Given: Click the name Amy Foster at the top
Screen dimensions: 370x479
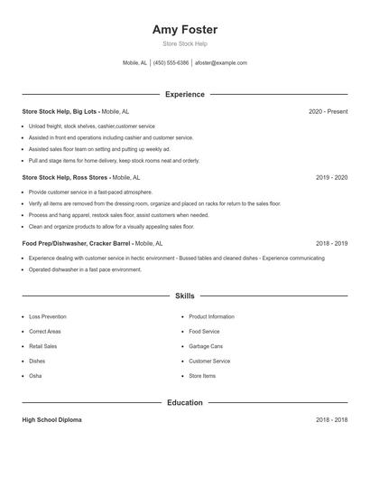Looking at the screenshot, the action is pos(185,30).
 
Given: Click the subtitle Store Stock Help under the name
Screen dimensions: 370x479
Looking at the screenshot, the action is pos(185,44).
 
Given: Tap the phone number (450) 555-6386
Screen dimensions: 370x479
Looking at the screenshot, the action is pos(171,63).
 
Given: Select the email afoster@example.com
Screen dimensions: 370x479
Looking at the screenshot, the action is pos(221,63).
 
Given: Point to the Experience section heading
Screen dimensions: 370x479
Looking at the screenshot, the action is pos(185,94).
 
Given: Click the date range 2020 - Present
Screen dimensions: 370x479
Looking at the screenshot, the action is pos(328,111).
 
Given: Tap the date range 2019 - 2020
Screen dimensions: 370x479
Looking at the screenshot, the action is pos(331,178).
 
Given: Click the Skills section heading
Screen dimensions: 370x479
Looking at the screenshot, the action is pos(185,296).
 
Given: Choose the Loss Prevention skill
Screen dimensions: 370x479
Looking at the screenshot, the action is pos(48,317).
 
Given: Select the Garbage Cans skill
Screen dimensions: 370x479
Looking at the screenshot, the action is pos(206,346).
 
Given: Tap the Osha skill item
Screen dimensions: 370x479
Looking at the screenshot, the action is pos(35,375).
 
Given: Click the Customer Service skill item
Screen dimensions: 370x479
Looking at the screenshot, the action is pos(209,361).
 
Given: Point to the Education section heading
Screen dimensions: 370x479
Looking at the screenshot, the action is pos(185,402).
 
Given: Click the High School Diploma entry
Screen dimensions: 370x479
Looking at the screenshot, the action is pos(51,420).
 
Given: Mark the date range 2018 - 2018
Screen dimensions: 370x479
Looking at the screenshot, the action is pos(331,420).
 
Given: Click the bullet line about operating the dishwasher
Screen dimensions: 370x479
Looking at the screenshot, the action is pos(85,269).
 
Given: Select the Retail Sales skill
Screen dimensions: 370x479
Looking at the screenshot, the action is pos(43,346).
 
